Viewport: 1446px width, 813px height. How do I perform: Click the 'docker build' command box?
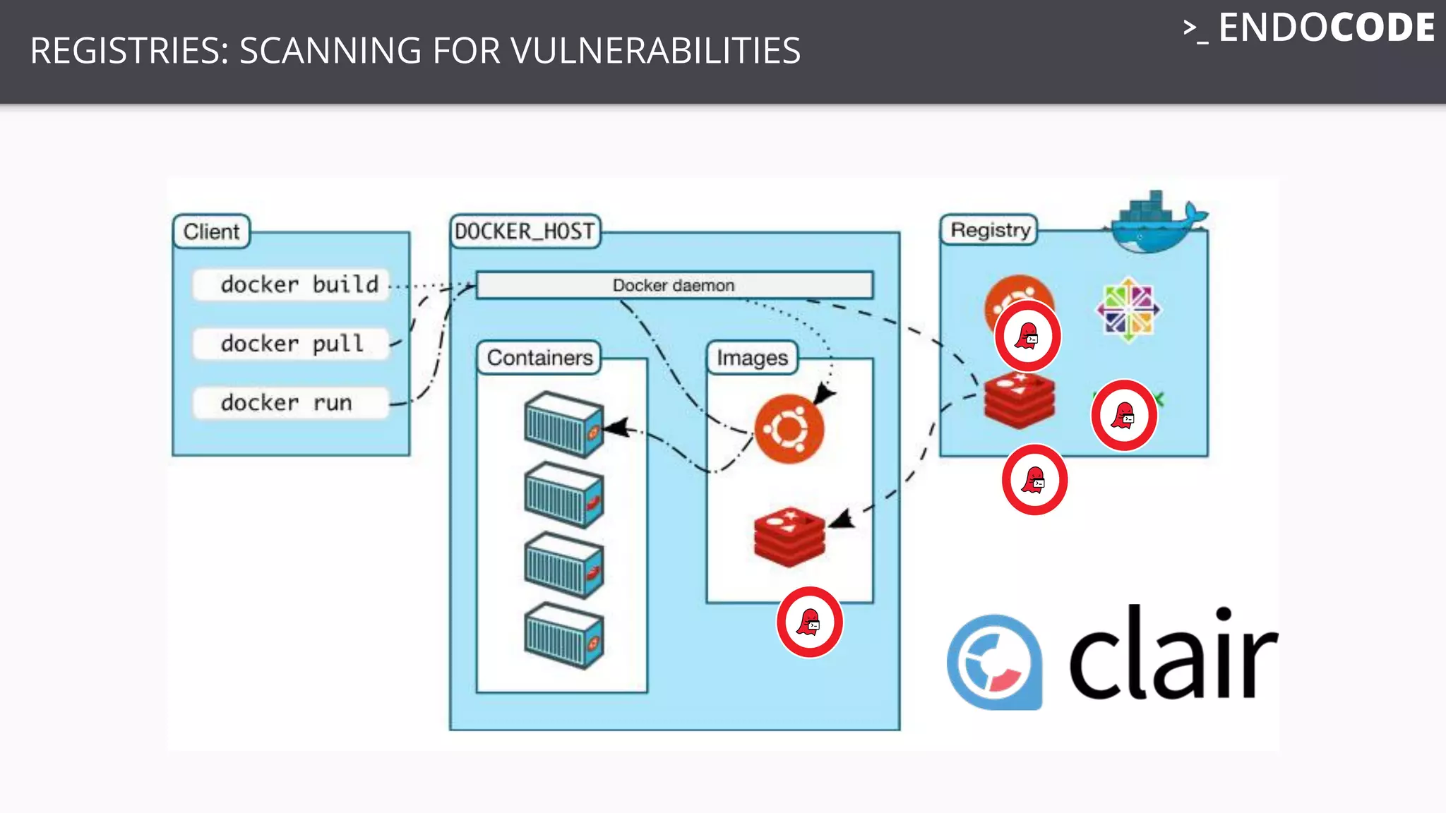point(291,284)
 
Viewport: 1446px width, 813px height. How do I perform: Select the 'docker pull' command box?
point(291,344)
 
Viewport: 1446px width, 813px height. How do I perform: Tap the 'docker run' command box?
point(291,403)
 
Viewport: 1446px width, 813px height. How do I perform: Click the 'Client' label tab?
point(211,231)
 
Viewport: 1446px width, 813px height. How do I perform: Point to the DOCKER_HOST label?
point(525,231)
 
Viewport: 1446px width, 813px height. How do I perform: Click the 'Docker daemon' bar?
point(674,285)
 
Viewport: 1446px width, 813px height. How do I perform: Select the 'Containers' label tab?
point(539,358)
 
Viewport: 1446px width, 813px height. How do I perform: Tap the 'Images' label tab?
point(752,358)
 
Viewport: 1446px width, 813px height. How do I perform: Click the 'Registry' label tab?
point(990,230)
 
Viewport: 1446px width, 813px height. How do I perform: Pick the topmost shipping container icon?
point(563,424)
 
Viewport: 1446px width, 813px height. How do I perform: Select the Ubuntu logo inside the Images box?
point(789,428)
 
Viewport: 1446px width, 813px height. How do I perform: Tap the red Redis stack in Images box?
point(789,536)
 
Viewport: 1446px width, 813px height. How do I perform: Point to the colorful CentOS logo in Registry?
point(1128,309)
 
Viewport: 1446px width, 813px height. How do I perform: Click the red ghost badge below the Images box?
point(809,622)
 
